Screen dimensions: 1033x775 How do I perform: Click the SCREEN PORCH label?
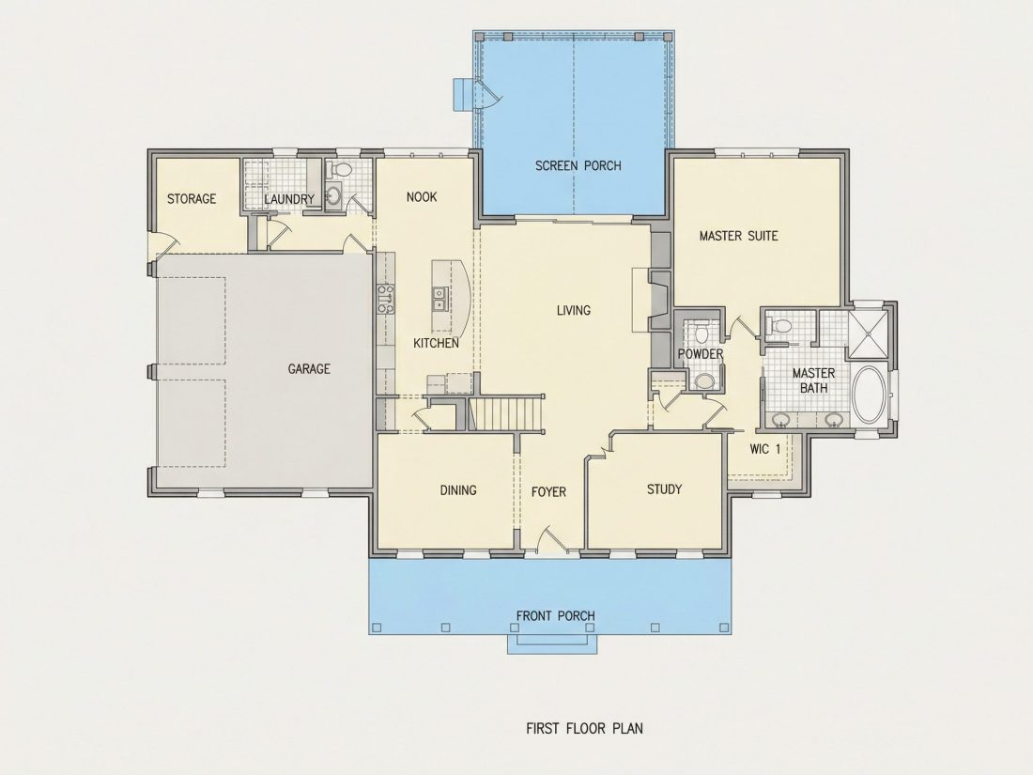pyautogui.click(x=578, y=165)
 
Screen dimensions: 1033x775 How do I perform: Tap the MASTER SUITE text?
pyautogui.click(x=738, y=236)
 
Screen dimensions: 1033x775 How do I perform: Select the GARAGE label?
pyautogui.click(x=309, y=369)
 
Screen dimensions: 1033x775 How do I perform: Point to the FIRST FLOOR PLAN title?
pyautogui.click(x=584, y=728)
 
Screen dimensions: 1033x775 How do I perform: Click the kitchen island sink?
pyautogui.click(x=439, y=299)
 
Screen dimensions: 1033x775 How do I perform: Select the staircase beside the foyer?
pyautogui.click(x=508, y=412)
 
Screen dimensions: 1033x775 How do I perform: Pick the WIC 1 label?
pyautogui.click(x=764, y=449)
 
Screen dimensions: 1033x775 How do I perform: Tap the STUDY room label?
pyautogui.click(x=664, y=489)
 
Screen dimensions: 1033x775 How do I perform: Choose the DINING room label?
pyautogui.click(x=458, y=490)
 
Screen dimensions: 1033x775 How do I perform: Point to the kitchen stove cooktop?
pyautogui.click(x=385, y=299)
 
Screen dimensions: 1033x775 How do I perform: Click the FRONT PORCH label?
pyautogui.click(x=555, y=615)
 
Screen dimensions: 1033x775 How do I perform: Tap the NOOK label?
pyautogui.click(x=422, y=196)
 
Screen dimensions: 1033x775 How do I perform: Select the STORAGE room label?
pyautogui.click(x=191, y=198)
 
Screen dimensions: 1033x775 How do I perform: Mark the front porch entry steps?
pyautogui.click(x=552, y=643)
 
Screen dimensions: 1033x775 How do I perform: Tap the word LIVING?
pyautogui.click(x=573, y=310)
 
